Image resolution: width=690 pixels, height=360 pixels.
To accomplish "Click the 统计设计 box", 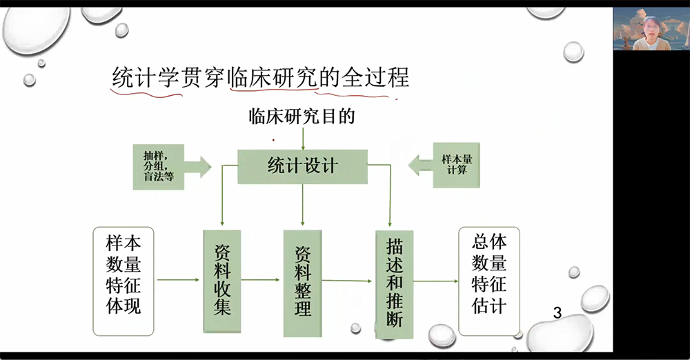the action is click(302, 166).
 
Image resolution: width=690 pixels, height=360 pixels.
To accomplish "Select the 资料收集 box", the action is click(221, 281).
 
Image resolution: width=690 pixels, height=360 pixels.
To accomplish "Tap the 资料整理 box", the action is click(302, 283).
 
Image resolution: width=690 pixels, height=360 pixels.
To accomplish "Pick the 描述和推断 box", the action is click(394, 284).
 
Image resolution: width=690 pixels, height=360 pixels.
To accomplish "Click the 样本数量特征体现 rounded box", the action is click(124, 281).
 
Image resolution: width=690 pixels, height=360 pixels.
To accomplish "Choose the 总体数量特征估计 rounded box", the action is click(489, 281).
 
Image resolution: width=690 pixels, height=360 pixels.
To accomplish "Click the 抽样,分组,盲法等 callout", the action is click(172, 167).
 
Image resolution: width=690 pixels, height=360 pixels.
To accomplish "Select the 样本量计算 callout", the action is click(444, 165).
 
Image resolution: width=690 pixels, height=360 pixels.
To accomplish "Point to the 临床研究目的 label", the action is click(302, 117).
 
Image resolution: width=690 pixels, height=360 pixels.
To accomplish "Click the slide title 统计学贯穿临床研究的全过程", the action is click(261, 77).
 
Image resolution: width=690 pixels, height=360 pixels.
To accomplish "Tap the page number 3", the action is click(557, 313).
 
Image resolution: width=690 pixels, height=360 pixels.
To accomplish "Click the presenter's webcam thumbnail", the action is click(651, 28).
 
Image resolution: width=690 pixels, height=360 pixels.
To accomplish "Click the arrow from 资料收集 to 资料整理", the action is click(260, 279).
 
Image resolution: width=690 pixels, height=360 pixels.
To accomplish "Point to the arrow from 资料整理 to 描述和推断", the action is click(347, 280).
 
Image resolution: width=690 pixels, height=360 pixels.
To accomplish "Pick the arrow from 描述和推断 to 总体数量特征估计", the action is click(435, 281).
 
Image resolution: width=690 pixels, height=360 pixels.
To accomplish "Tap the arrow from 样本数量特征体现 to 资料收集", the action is click(178, 279).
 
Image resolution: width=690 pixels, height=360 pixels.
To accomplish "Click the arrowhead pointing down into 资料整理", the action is click(302, 223).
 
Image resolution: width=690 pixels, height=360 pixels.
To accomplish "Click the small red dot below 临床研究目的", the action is click(273, 141).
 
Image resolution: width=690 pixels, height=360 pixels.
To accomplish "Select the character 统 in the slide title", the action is click(123, 77).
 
